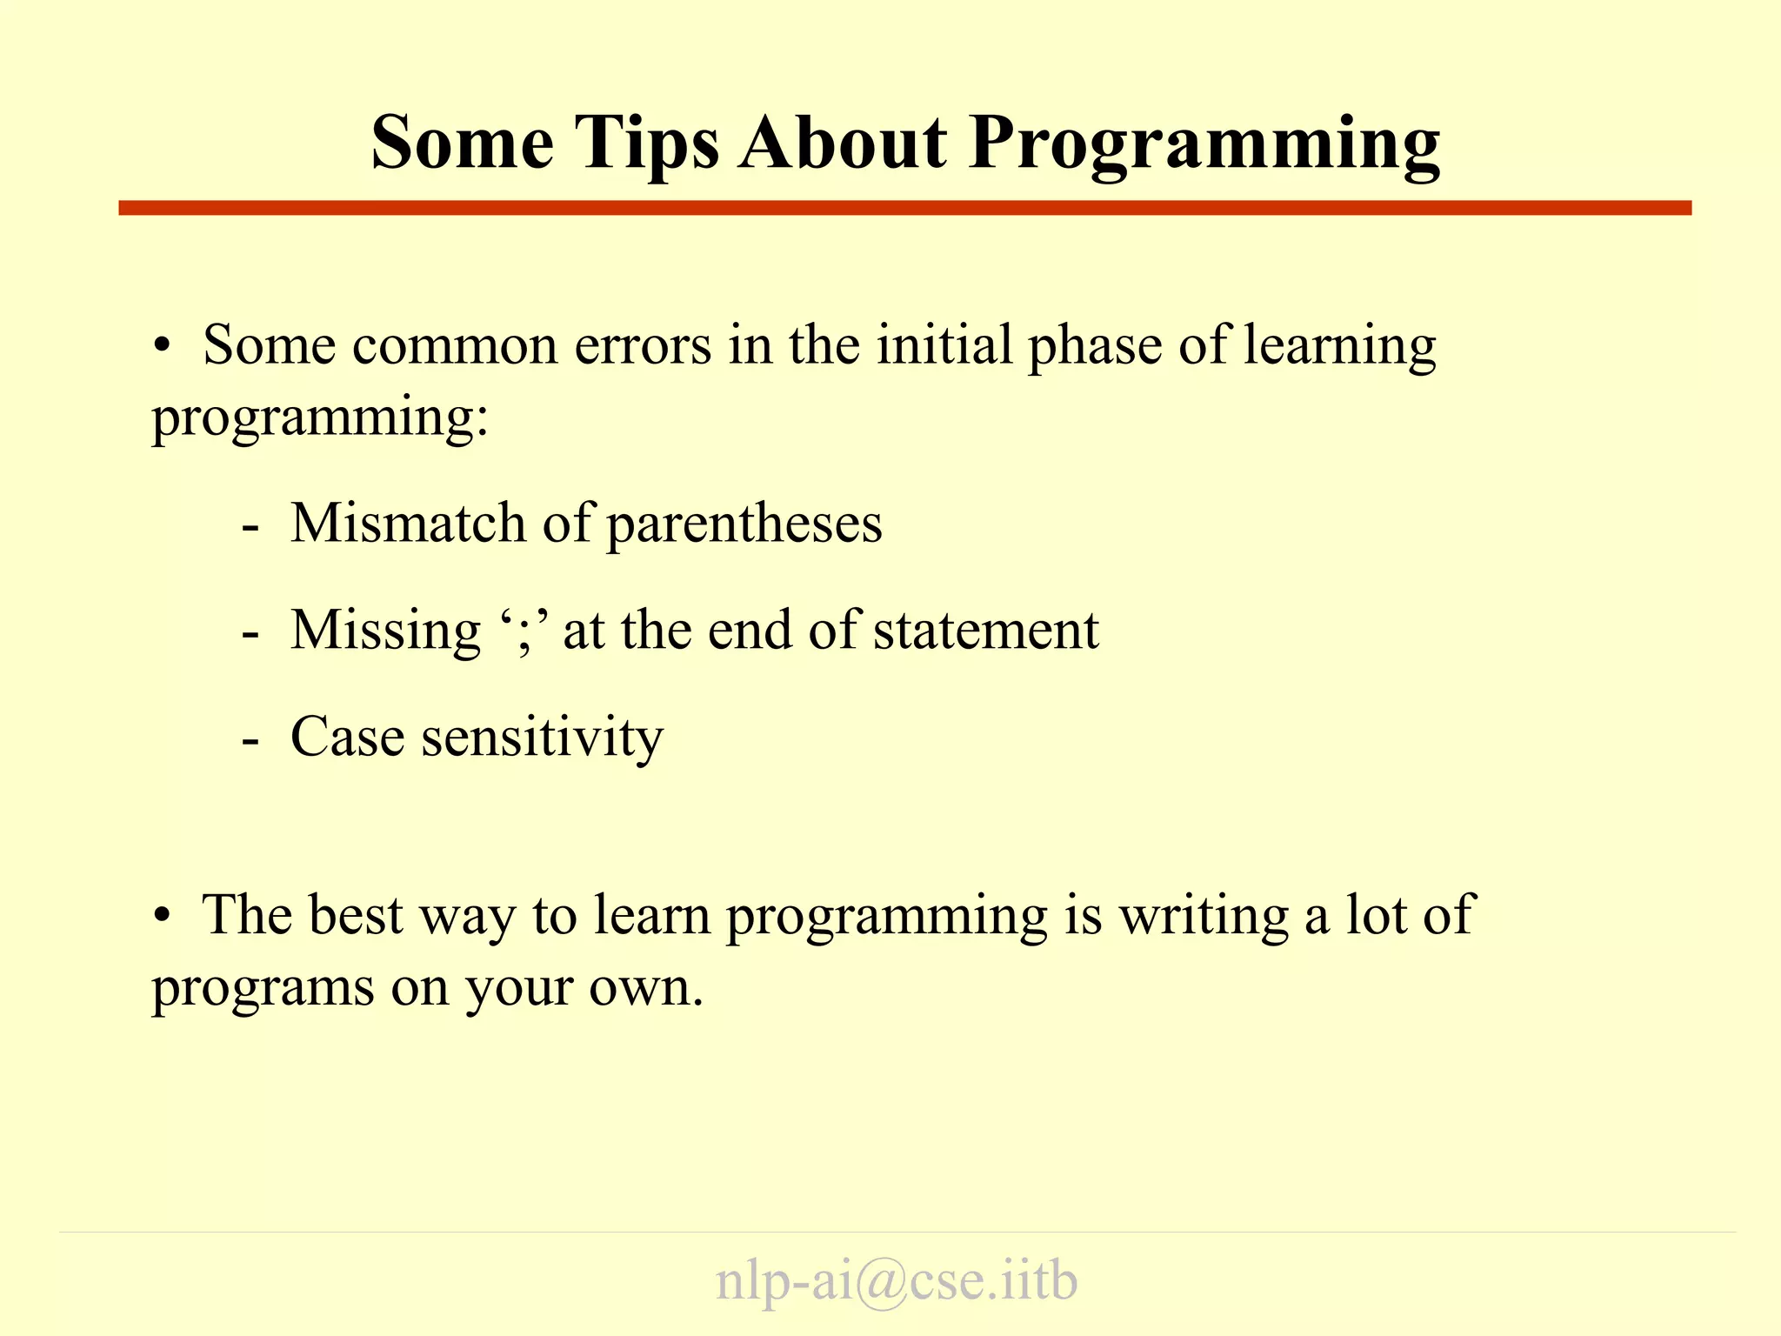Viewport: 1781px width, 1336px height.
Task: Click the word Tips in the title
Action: click(x=647, y=144)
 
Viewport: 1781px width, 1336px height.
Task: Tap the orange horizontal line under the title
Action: click(x=904, y=208)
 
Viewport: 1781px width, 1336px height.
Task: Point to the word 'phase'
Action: click(x=1094, y=345)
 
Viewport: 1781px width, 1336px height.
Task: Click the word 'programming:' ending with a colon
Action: click(x=320, y=417)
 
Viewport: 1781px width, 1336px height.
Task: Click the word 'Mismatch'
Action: click(x=408, y=524)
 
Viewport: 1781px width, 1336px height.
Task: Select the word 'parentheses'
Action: click(x=744, y=525)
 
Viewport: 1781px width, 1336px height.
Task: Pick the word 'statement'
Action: click(x=986, y=631)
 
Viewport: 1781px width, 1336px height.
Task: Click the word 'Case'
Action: click(x=347, y=738)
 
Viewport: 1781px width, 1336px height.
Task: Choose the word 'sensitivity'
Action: click(x=542, y=738)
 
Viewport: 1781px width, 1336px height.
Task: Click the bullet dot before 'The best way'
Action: click(x=162, y=918)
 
